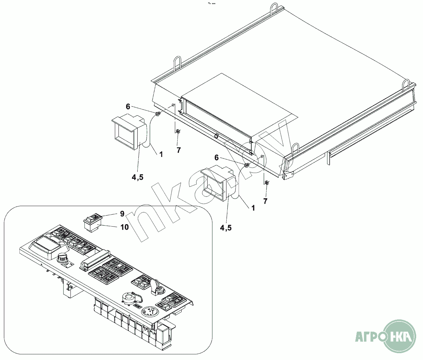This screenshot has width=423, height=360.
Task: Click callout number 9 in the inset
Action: coord(122,214)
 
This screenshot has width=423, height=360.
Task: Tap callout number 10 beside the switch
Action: coord(125,227)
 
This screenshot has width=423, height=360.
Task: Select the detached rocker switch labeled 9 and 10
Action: coord(92,222)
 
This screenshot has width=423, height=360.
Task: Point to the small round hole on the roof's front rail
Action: coord(216,136)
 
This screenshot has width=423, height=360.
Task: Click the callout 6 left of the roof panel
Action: coord(128,106)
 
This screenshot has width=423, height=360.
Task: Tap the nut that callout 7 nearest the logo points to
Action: coord(267,182)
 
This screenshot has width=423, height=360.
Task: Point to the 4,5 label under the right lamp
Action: coord(226,228)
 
